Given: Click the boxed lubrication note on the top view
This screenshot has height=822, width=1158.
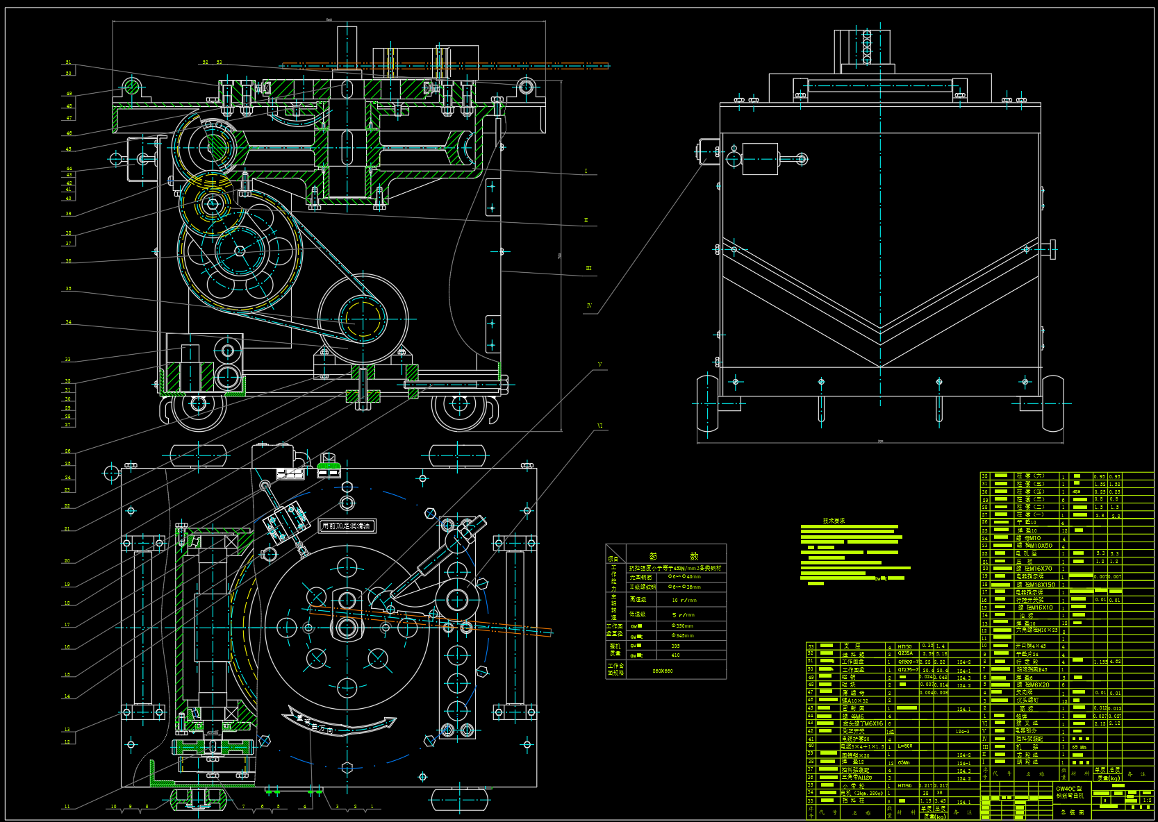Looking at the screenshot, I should click(347, 526).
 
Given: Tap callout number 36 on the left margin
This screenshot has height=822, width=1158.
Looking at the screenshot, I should click(68, 261).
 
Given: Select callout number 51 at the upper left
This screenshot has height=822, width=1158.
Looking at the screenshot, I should click(68, 62).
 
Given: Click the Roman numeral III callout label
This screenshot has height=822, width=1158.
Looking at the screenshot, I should click(588, 268).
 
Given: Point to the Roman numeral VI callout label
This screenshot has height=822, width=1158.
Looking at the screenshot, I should click(599, 426).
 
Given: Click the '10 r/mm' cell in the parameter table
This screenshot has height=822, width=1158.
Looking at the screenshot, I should click(684, 600).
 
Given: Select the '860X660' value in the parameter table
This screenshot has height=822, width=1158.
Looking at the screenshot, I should click(662, 671).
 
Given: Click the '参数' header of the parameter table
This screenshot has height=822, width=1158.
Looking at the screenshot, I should click(674, 556).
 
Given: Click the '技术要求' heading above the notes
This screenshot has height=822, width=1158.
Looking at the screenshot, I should click(834, 521).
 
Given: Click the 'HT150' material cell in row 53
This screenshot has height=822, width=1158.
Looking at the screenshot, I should click(904, 646).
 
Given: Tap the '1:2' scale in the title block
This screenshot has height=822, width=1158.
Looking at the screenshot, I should click(1147, 800).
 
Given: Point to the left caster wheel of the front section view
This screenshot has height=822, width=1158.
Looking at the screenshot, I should click(199, 404).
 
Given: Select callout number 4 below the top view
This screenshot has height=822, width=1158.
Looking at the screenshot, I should click(304, 807).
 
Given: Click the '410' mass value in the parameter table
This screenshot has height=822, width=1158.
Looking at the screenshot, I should click(675, 655).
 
